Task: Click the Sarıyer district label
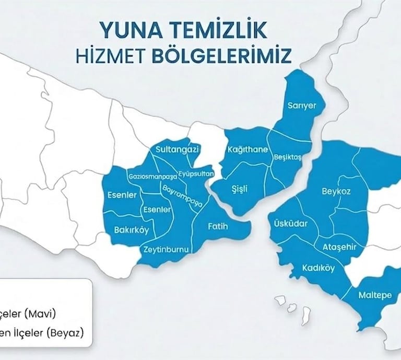coord(302,106)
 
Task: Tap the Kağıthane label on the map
coord(248,150)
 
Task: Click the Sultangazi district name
coord(178,150)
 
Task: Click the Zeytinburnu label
coord(166,249)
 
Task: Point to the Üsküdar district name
coord(291,224)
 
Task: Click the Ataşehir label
coord(340,247)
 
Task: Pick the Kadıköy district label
coord(319,268)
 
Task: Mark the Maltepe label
coord(375,295)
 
